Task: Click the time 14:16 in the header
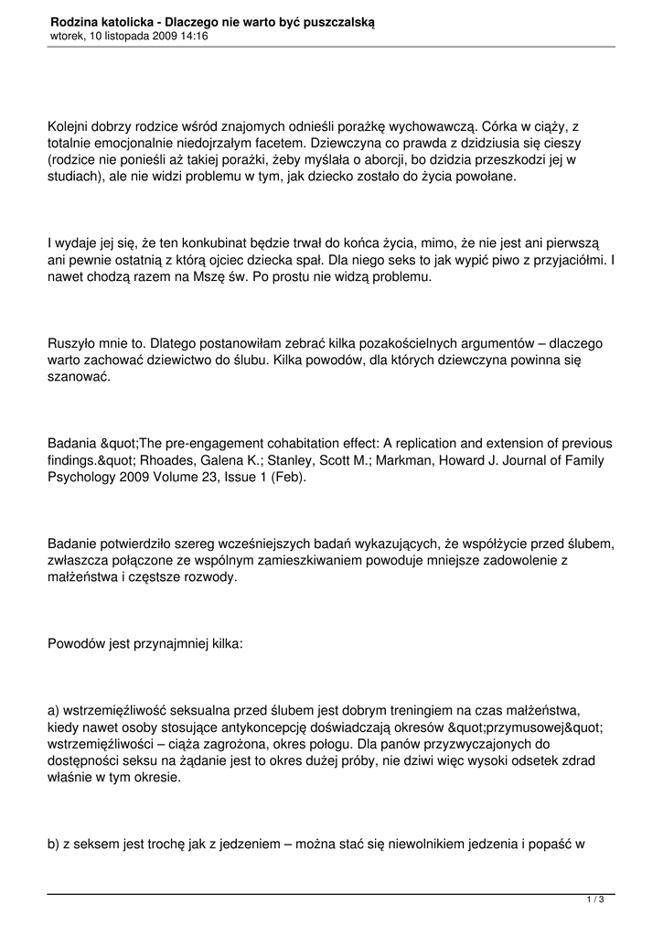point(194,36)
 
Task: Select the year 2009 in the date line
point(158,36)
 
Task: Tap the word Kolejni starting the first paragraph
point(70,128)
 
